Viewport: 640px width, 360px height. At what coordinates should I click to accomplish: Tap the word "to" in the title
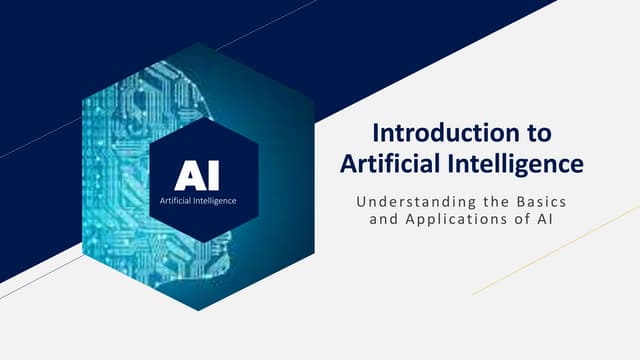coord(538,132)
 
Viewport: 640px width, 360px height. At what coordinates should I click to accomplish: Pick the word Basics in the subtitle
coord(551,202)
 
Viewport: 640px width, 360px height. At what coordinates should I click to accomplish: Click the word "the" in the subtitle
coord(499,202)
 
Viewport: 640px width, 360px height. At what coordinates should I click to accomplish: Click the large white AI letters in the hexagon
coord(197,176)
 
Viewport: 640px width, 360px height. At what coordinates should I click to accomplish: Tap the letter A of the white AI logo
coord(188,176)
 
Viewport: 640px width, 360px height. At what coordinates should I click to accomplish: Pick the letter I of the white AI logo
coord(212,176)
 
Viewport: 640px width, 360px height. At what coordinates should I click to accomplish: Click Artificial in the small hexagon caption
coord(177,201)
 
